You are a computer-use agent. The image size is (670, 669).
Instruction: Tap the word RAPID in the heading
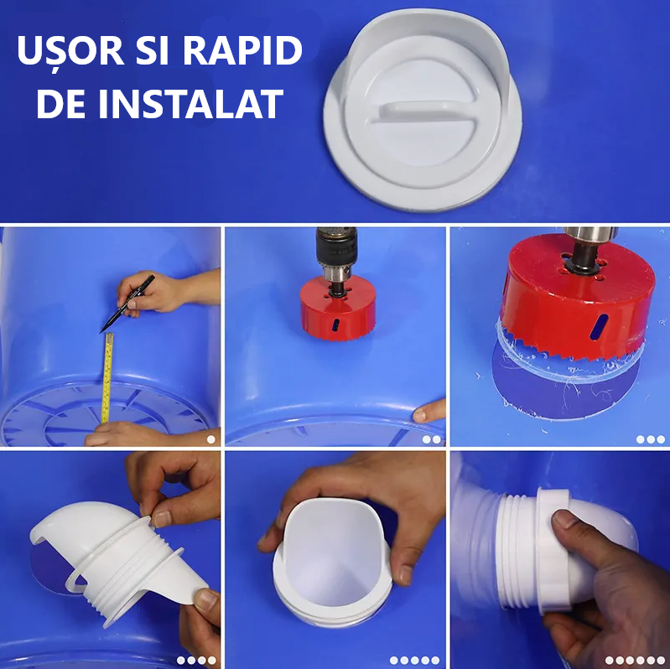coord(242,50)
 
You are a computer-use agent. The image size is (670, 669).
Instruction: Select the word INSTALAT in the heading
coord(191,104)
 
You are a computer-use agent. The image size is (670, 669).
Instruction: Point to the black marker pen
coord(127,303)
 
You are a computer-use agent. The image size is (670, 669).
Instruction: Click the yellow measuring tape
coord(106,378)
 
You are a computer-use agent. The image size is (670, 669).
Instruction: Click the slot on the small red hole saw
coord(336,324)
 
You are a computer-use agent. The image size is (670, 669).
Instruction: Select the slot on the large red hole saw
coord(598,327)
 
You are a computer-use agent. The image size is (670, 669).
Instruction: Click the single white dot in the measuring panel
coord(211,439)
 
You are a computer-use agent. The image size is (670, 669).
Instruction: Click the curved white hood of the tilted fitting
coord(77,530)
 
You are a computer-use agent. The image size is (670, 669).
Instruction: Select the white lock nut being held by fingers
coord(553,551)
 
